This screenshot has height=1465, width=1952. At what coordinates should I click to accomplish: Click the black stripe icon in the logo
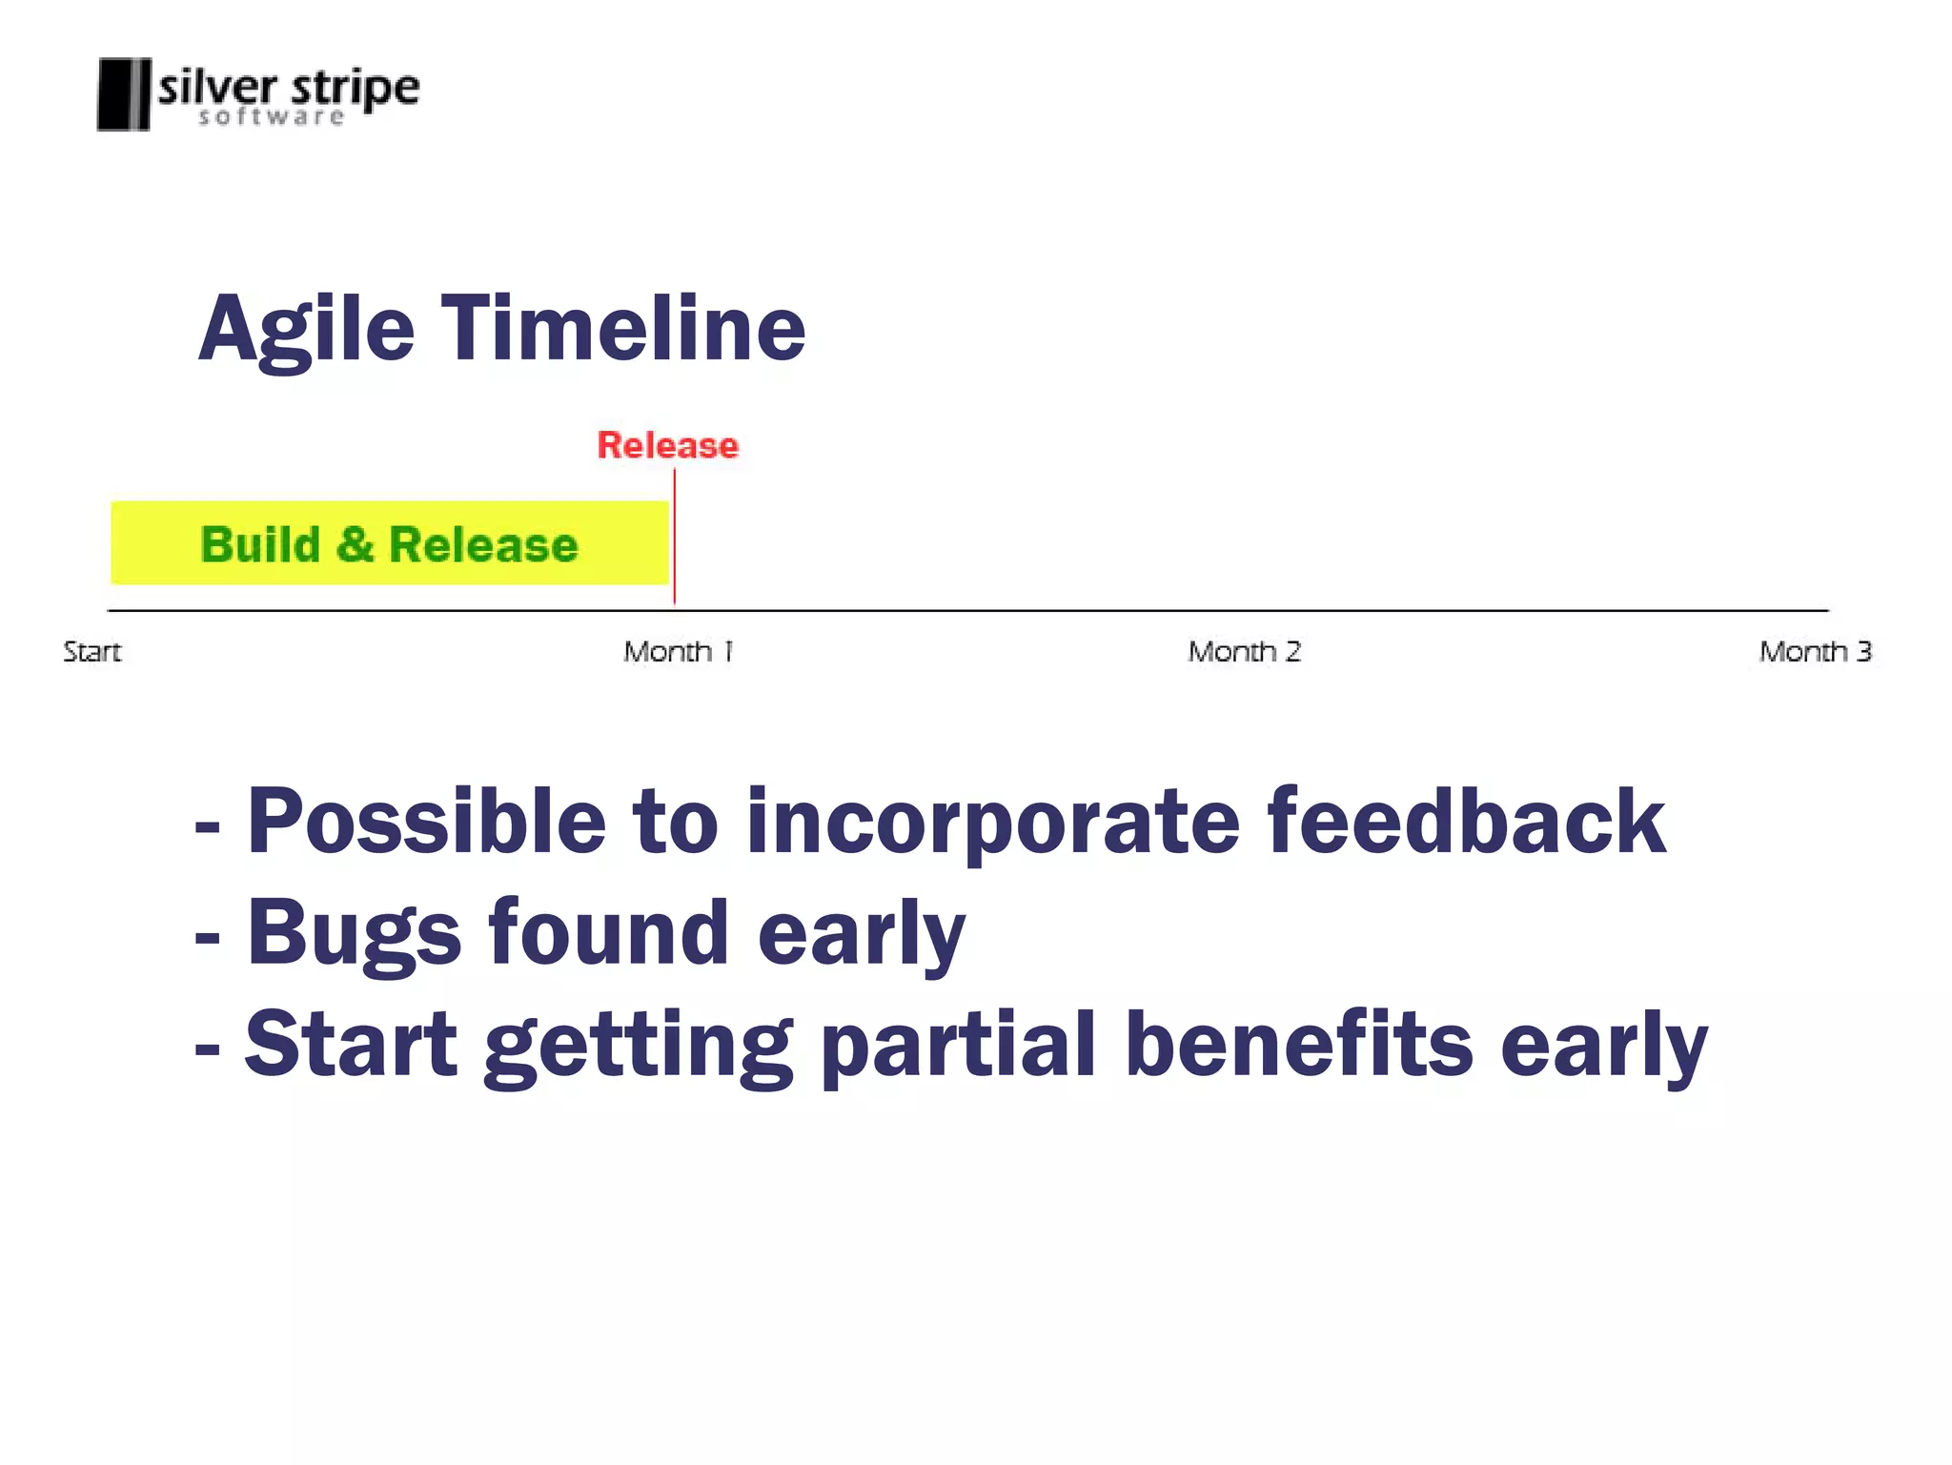[x=124, y=93]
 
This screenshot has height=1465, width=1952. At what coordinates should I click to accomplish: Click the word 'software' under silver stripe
[x=272, y=117]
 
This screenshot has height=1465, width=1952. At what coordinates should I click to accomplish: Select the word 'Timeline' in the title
[x=623, y=329]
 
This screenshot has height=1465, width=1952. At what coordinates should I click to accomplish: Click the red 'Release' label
[x=667, y=445]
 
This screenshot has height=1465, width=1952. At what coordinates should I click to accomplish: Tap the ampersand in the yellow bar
[x=355, y=544]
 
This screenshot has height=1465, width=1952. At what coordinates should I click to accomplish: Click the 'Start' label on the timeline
[x=92, y=652]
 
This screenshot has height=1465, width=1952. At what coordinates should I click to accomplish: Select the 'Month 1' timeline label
[x=679, y=652]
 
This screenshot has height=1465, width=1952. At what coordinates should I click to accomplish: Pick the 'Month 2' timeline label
[x=1244, y=652]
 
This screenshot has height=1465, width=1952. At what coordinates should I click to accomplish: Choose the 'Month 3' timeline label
[x=1815, y=652]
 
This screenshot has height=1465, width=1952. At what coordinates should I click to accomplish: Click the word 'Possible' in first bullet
[x=426, y=822]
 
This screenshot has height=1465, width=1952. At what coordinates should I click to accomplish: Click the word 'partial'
[x=959, y=1045]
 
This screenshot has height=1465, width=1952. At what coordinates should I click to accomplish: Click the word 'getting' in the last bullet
[x=639, y=1047]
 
